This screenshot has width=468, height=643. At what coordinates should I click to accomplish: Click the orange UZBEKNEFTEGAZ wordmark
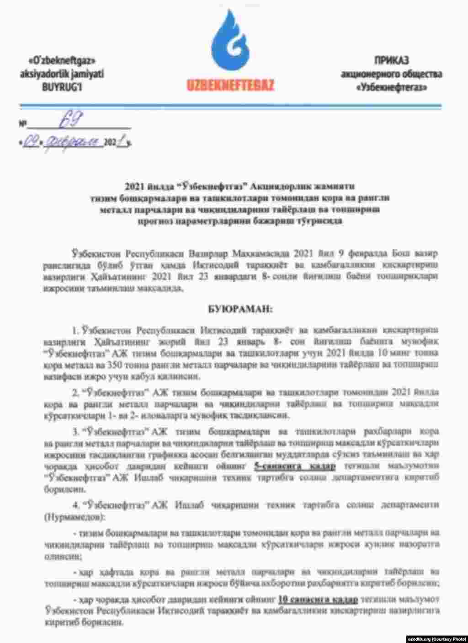[x=230, y=85]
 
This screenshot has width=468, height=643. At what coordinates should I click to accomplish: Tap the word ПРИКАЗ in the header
[x=391, y=60]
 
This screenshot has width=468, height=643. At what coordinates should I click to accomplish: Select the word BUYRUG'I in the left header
[x=62, y=86]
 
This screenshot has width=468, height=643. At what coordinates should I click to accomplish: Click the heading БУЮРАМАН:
[x=234, y=309]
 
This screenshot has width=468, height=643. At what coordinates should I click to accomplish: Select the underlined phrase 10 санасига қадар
[x=318, y=599]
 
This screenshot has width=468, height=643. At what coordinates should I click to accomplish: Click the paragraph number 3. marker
[x=75, y=431]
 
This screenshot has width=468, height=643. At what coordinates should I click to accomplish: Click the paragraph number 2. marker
[x=75, y=392]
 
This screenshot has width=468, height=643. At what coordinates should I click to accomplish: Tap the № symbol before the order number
[x=22, y=124]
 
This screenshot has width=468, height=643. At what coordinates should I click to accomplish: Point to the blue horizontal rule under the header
[x=230, y=107]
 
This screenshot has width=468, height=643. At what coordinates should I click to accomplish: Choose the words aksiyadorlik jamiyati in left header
[x=62, y=73]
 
